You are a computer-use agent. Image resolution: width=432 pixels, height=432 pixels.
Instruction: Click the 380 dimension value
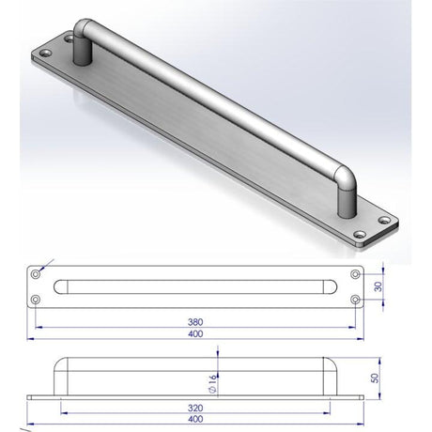[x=194, y=319]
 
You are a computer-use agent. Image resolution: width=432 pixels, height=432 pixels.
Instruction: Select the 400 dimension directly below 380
[x=194, y=333]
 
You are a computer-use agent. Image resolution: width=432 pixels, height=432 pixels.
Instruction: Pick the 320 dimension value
[x=195, y=409]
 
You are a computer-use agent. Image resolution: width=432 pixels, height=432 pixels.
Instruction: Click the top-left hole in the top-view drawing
[x=36, y=274]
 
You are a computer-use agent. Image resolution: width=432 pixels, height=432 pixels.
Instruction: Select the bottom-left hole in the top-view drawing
[x=36, y=301]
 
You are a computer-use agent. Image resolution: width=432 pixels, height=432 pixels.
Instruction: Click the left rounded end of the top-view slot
[x=62, y=287]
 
